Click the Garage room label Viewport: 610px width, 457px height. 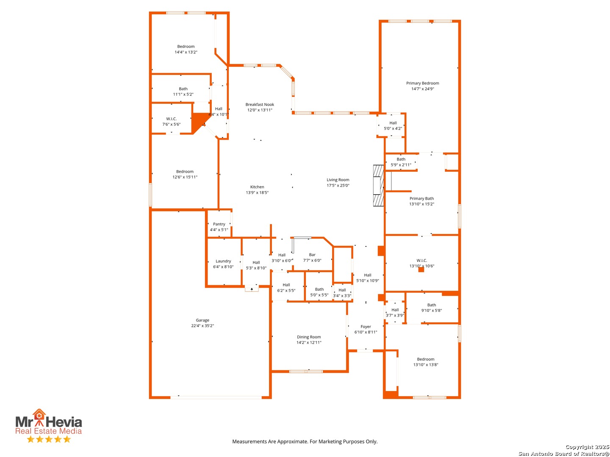[202, 320]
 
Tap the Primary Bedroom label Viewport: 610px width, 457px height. [422, 83]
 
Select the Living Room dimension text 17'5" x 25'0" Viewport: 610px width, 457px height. [338, 185]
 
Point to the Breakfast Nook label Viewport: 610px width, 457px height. [260, 105]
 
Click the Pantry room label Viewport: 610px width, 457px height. [219, 224]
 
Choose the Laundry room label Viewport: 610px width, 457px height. [223, 262]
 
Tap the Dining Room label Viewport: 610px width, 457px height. [309, 337]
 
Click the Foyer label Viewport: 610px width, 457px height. [366, 327]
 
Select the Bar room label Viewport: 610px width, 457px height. [312, 255]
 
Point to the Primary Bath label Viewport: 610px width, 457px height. [421, 199]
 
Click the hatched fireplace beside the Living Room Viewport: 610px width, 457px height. [378, 186]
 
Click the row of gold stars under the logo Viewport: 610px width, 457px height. [49, 439]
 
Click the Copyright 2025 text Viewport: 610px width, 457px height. [587, 447]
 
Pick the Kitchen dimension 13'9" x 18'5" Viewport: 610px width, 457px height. [257, 193]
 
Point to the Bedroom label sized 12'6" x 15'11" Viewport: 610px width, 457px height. [185, 172]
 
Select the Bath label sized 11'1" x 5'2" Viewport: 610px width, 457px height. [183, 89]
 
